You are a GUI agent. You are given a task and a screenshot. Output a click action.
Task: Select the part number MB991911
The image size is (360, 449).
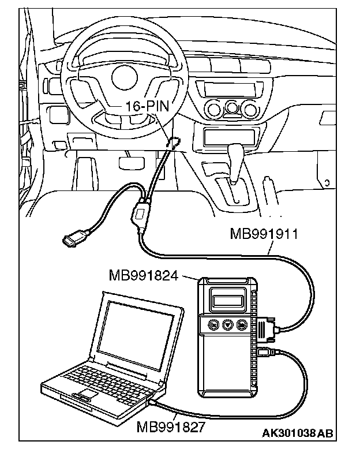(x=263, y=234)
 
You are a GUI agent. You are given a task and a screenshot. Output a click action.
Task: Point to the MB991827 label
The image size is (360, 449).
(x=169, y=428)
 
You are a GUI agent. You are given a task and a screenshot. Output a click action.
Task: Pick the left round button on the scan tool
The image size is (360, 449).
(x=213, y=324)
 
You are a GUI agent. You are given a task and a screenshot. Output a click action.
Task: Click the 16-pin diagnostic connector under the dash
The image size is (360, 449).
(x=172, y=142)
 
